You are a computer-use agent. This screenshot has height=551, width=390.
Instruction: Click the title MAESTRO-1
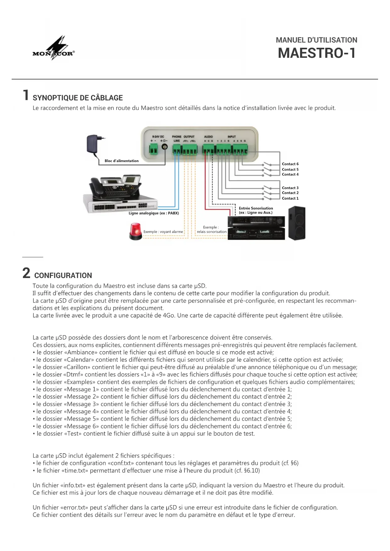coord(317,53)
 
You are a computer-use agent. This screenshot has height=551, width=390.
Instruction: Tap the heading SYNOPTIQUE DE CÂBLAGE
coord(78,98)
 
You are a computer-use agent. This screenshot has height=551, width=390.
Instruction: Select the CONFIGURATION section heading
coord(63,275)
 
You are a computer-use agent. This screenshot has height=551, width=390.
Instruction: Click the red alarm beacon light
coord(135,231)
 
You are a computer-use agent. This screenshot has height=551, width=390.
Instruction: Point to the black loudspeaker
coord(297,223)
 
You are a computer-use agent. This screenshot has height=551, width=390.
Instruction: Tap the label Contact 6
coord(290,164)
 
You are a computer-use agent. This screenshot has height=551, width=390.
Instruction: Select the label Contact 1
coord(290,198)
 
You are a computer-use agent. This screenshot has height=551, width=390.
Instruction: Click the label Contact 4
coord(290,174)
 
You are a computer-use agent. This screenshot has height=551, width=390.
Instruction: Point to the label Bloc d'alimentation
coord(121,161)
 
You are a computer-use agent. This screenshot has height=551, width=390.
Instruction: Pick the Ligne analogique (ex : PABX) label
coord(154,213)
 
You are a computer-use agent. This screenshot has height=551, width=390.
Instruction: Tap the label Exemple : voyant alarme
coord(163,232)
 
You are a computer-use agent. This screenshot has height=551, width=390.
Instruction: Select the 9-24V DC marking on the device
coord(158,137)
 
